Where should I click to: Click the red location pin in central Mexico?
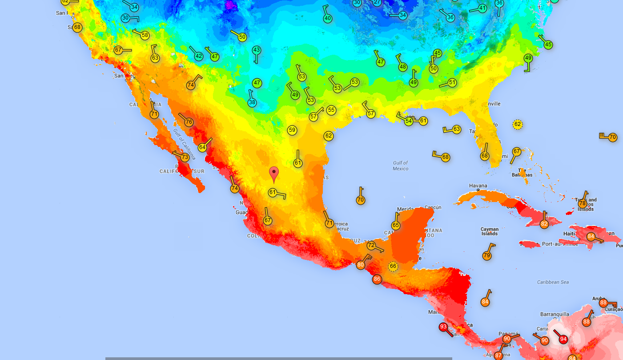coord(274,174)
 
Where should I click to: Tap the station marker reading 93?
coord(443,327)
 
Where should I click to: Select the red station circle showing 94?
coord(563,339)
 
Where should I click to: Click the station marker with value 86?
coord(377,279)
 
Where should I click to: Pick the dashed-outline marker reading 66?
coord(393,267)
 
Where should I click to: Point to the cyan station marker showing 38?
coord(252,103)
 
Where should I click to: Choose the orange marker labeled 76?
coord(189,122)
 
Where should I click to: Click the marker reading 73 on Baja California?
coord(185,158)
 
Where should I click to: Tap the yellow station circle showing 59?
coord(292,130)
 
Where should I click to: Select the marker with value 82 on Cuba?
coord(544,224)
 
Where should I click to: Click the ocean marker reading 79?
coord(487,256)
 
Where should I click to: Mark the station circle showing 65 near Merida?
coord(396,226)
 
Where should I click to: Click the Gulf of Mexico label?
coord(400,166)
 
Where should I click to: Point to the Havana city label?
coord(478,186)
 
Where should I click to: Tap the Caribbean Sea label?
coord(553,282)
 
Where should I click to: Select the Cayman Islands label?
coord(489,231)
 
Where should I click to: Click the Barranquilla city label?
coord(555,314)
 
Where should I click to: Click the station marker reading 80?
coord(361,265)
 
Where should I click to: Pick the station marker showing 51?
coord(452,82)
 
